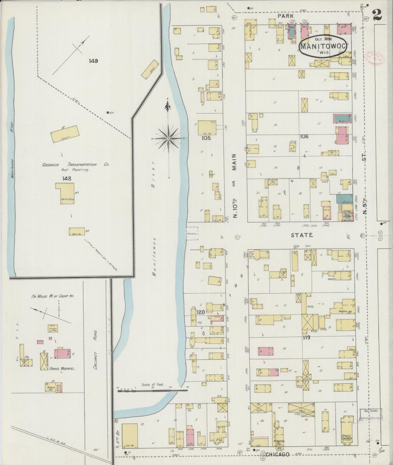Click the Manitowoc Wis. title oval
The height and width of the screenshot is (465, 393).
click(324, 46)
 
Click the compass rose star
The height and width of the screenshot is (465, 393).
click(168, 138)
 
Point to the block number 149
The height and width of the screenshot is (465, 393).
click(93, 61)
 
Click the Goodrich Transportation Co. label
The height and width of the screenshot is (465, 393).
click(76, 165)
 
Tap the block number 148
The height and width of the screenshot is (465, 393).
click(66, 178)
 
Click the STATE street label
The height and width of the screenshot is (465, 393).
click(302, 235)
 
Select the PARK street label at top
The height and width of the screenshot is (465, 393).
click(285, 16)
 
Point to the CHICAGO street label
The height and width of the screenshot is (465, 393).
click(277, 455)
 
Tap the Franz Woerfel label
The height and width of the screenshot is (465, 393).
click(58, 369)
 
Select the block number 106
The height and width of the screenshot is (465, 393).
click(304, 136)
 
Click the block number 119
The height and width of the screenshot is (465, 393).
click(305, 337)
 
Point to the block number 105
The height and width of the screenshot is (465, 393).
click(206, 138)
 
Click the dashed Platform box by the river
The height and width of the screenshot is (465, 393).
click(192, 233)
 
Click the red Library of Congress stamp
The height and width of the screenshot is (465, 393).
click(374, 57)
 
